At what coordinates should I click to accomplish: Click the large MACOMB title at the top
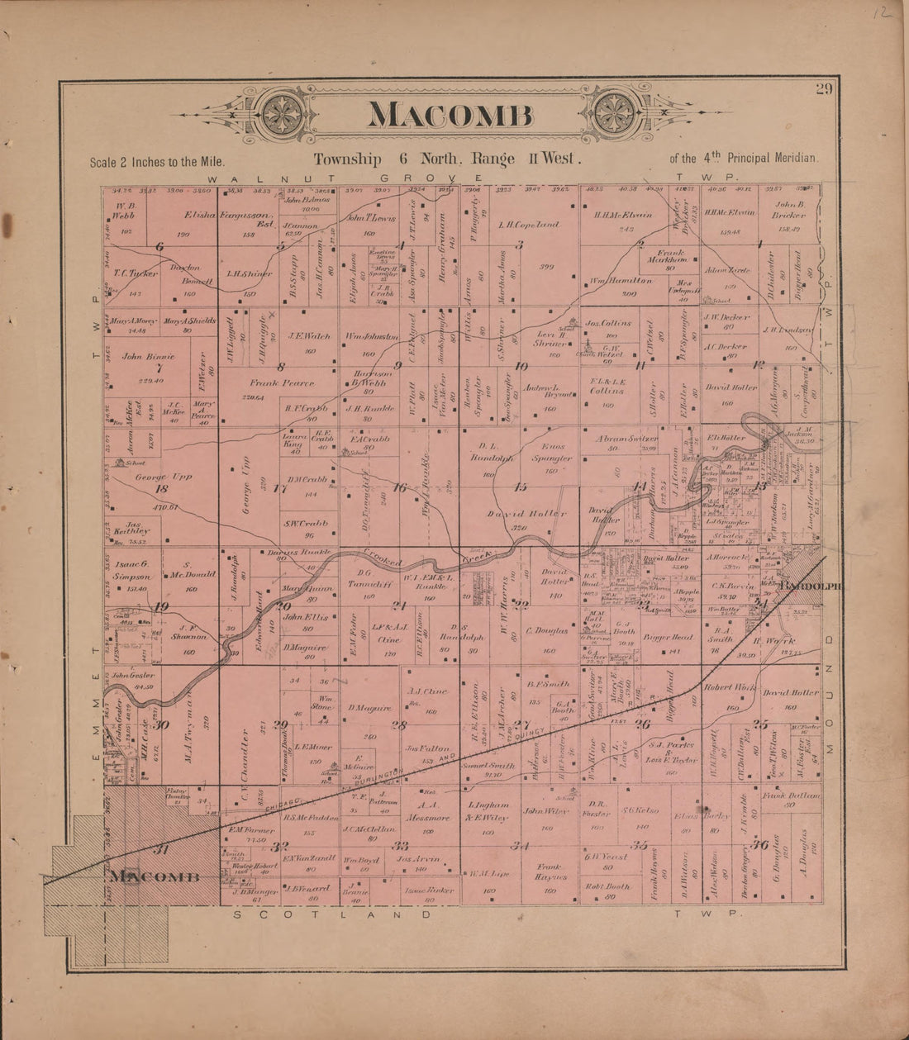[x=450, y=115]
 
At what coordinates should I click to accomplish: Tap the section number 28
[x=399, y=726]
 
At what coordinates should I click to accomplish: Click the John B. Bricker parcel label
[x=789, y=210]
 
